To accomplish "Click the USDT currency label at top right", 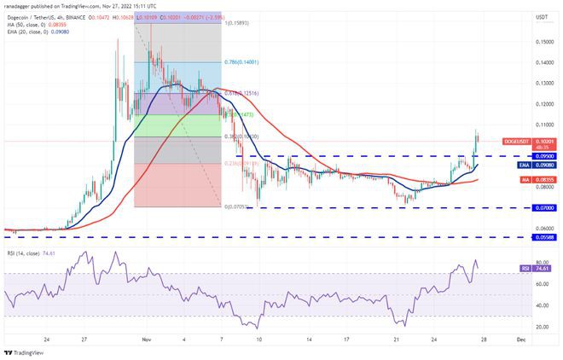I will pyautogui.click(x=542, y=16).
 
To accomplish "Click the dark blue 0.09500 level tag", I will pyautogui.click(x=542, y=157).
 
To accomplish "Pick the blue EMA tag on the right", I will pyautogui.click(x=542, y=166).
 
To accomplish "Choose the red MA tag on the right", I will pyautogui.click(x=542, y=180).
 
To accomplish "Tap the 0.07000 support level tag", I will pyautogui.click(x=542, y=207).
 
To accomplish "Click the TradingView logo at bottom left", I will pyautogui.click(x=26, y=352).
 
